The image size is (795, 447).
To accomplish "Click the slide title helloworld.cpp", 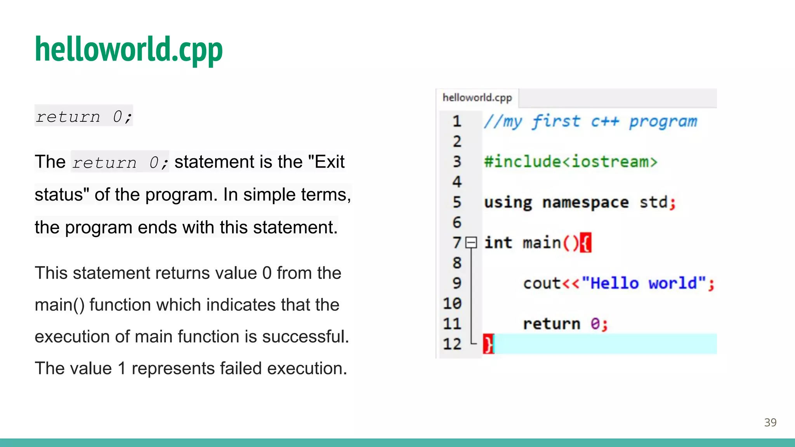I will point(128,49).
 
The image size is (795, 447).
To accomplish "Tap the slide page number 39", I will point(770,422).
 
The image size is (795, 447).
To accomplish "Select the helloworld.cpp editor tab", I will point(477,98).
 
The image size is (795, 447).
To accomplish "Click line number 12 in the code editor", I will point(452,344).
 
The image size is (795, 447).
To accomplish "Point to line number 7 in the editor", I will point(457,243).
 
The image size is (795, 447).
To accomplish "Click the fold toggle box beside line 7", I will point(471,243).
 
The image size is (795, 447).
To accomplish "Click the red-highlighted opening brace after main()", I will point(586,243).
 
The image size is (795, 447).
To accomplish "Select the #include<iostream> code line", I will point(571,162).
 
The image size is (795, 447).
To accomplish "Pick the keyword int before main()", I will point(498,243).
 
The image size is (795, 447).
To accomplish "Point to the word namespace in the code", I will point(585,203).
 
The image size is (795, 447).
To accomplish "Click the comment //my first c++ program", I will point(590,122).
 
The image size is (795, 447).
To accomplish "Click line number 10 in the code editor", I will point(452,303).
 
